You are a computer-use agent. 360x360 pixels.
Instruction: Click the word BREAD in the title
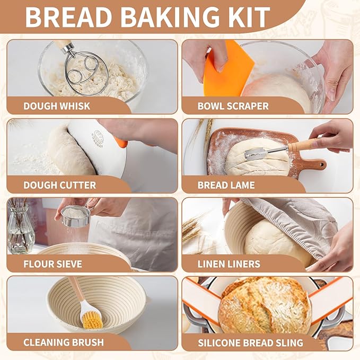tap(70, 17)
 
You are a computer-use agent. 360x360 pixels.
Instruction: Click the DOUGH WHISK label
tap(57, 106)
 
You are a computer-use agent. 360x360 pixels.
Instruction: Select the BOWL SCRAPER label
tap(233, 106)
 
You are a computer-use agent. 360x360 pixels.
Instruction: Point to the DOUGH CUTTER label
tap(59, 185)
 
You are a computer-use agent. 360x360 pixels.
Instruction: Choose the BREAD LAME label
tap(226, 185)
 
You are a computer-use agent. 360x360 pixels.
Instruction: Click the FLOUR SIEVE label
tap(52, 264)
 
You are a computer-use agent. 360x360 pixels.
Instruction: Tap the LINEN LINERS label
tap(229, 264)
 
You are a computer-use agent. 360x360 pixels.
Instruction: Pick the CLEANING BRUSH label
tap(63, 342)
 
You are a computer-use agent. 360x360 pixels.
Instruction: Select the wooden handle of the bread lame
tap(303, 145)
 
